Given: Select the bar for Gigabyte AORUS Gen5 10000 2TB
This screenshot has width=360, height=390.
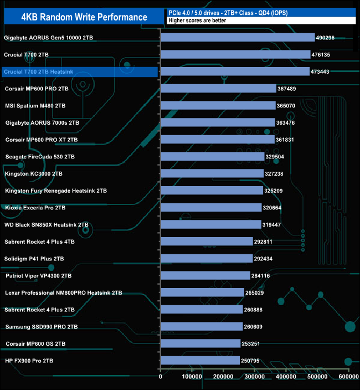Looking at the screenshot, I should [238, 38].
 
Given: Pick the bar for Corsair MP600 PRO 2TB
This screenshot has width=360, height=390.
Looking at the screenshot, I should [218, 89].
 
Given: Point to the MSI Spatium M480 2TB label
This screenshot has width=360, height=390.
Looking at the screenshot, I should [35, 106].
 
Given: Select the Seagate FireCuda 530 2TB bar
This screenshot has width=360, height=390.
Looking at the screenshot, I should [212, 157].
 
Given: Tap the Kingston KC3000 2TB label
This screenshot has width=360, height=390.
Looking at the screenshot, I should [34, 174].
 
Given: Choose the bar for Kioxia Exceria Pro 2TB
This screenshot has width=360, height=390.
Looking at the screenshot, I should [211, 208].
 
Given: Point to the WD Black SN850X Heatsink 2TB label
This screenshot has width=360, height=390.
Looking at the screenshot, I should [47, 225].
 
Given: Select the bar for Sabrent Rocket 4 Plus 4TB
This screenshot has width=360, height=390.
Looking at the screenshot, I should [207, 242].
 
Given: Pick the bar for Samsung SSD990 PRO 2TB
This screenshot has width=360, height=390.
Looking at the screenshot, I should [202, 326].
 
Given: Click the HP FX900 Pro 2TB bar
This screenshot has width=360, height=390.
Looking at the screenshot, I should [200, 361].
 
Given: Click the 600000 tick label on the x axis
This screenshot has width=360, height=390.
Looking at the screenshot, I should [348, 377].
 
